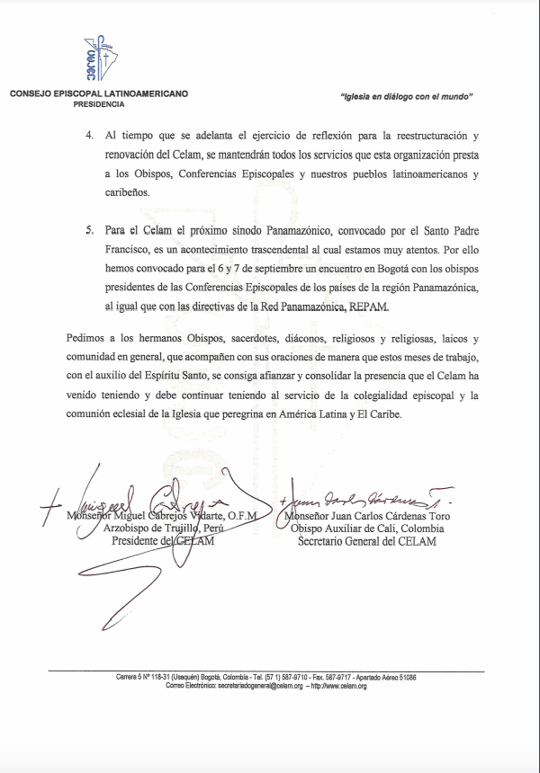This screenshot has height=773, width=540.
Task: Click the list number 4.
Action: pos(88,135)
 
